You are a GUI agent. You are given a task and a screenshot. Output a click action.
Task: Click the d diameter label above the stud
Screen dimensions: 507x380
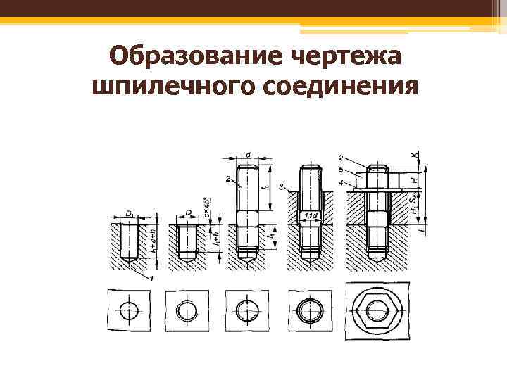pos(248,153)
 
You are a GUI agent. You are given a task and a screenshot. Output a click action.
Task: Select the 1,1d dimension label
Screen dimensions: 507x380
pos(311,216)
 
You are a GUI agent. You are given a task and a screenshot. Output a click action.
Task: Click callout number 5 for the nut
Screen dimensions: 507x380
pos(341,169)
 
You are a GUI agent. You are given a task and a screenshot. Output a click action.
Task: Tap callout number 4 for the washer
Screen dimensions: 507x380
pos(341,183)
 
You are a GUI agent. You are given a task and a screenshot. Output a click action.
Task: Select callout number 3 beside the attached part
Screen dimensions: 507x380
pos(280,187)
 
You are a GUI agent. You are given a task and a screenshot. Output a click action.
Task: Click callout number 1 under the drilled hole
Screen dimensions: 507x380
pos(151,279)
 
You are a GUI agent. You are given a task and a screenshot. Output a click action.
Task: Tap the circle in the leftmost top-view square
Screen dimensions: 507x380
pos(130,310)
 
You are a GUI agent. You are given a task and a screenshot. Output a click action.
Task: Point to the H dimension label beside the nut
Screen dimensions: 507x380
pos(415,180)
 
